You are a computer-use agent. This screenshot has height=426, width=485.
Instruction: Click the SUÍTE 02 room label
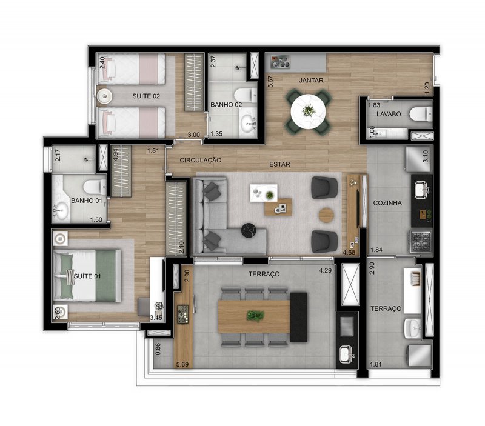tap(146, 96)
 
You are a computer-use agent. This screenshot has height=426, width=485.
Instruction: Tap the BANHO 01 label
tap(87, 201)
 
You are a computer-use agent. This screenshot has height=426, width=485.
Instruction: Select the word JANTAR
tap(311, 81)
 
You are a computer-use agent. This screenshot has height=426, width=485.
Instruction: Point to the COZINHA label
tap(387, 203)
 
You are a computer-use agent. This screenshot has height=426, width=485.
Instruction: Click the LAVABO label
tap(389, 114)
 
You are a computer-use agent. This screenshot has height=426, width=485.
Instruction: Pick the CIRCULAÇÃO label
tap(201, 160)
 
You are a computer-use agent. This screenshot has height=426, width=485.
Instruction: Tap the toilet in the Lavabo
tap(421, 114)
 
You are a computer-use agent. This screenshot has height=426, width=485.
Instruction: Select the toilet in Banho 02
tap(246, 95)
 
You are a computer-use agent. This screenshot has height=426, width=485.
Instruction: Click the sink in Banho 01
tap(61, 210)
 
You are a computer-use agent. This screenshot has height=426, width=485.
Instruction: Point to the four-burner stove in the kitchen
tap(420, 241)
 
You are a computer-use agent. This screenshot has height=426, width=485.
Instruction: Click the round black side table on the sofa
tap(249, 230)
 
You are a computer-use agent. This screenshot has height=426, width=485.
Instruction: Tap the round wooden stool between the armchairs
tap(326, 215)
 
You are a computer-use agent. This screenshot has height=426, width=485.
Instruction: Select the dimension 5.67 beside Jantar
tap(270, 81)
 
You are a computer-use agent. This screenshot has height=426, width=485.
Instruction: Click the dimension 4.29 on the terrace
tap(326, 270)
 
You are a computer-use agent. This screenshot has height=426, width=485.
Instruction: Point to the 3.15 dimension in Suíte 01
tap(156, 318)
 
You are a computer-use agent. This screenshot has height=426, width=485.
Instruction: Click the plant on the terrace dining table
tap(255, 316)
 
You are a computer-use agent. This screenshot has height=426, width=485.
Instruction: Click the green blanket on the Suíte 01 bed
tap(105, 276)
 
